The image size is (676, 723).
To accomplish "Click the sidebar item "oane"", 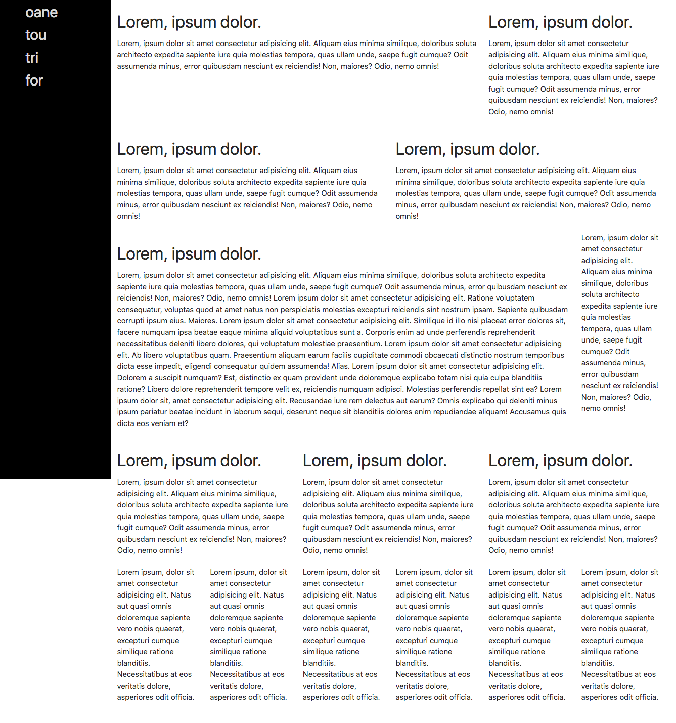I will pos(41,12).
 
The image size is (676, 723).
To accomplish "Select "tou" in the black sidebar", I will pos(35,35).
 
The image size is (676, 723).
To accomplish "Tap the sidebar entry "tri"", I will pos(32,58).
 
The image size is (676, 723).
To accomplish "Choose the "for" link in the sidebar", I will pos(34,80).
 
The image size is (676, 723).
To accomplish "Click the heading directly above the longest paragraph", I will pos(189,254).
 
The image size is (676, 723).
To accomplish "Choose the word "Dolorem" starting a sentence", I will pos(131,378).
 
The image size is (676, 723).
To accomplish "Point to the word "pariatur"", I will pos(157,412).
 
